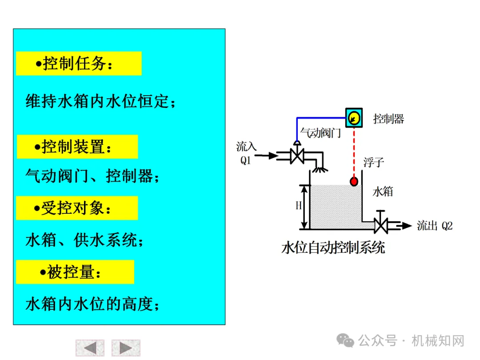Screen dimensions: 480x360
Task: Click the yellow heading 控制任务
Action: coord(79,64)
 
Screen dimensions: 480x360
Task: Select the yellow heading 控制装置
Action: coord(77,147)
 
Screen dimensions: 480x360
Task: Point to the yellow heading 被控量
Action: coord(75,272)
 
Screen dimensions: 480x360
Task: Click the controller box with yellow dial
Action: coord(354,118)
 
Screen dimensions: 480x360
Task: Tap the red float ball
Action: coord(354,182)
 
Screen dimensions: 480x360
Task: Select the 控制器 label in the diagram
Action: coord(388,119)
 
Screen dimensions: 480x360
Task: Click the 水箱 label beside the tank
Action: coord(383,192)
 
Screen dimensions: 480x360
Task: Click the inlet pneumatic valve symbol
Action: coord(296,155)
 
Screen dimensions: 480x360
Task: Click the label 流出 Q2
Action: coord(434,226)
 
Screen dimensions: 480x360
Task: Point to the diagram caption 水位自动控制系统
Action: coord(333,248)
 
